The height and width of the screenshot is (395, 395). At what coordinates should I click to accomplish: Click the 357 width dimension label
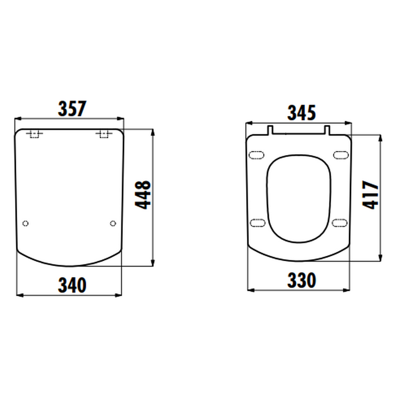coord(72,109)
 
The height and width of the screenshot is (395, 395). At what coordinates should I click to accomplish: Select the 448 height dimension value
coord(143,195)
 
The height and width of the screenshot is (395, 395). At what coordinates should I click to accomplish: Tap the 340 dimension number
coord(72,285)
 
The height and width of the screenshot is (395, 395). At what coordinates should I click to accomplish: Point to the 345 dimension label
coord(302,113)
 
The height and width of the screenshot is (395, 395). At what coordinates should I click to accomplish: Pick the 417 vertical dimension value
coord(370,195)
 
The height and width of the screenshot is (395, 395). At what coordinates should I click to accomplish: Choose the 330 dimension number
coord(302,280)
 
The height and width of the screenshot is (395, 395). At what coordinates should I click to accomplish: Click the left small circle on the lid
coord(26,224)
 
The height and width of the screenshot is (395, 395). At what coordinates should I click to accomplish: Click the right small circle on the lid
coord(113,224)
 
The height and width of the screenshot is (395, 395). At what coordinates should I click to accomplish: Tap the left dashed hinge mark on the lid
coord(35,134)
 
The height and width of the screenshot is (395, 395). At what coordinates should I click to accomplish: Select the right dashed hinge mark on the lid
coord(104,134)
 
